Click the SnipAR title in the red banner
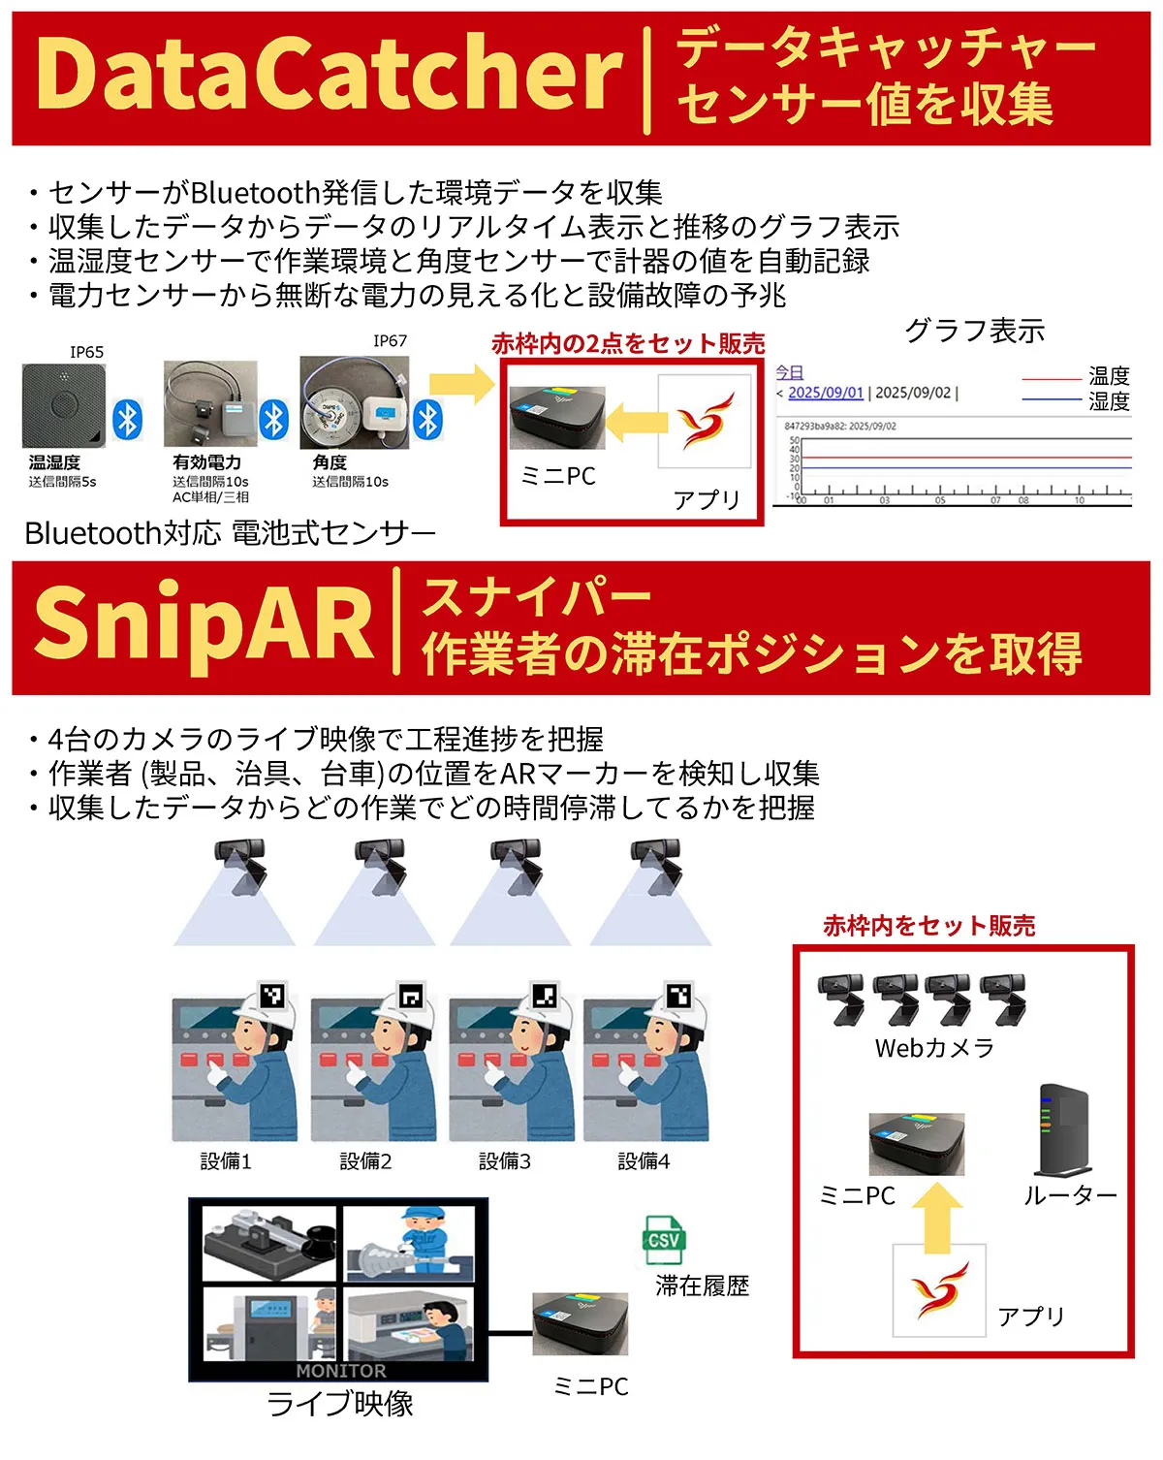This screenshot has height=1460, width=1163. pos(204,623)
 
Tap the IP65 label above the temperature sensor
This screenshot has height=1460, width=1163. pos(86,352)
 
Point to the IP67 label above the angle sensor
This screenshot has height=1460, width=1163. pos(390,340)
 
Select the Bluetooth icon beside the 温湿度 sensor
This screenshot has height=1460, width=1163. pos(128,420)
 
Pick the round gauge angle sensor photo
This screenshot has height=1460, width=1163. pos(354,401)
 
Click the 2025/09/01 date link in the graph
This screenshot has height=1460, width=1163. pos(825,393)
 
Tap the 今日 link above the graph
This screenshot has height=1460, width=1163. pos(789,372)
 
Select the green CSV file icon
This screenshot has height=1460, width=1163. pos(664,1240)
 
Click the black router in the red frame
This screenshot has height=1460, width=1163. pos(1064,1130)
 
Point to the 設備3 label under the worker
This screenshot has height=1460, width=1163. pos(505,1161)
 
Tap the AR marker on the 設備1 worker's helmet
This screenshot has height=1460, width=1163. pos(273,996)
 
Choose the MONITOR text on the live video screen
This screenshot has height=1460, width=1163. pos(340,1371)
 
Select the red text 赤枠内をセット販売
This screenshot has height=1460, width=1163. pos(928,926)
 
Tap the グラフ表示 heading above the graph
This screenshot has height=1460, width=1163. pos(974,332)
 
